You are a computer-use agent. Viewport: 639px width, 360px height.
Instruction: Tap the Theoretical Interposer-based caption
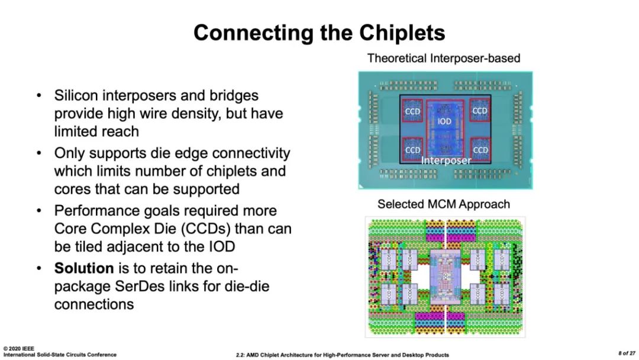coord(444,58)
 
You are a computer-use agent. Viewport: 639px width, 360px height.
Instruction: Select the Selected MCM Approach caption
coord(444,204)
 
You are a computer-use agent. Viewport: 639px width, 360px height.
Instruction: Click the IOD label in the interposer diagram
coord(444,121)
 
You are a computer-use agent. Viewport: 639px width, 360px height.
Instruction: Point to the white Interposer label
coord(446,160)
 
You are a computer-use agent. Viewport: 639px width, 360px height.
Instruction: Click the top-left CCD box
coord(412,111)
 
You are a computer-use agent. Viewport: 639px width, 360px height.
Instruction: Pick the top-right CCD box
coord(480,110)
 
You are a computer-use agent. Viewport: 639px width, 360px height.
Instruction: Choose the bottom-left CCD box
coord(412,149)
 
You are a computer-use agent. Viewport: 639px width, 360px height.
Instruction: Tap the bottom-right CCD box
coord(480,149)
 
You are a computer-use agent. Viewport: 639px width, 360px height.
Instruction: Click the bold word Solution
coord(84,268)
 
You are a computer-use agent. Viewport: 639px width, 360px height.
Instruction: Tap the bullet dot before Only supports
coord(39,153)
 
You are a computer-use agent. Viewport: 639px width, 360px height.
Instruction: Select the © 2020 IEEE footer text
coord(19,349)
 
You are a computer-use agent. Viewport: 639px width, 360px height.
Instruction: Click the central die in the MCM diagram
coord(444,273)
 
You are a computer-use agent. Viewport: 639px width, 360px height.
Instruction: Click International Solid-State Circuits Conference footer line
coord(59,355)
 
